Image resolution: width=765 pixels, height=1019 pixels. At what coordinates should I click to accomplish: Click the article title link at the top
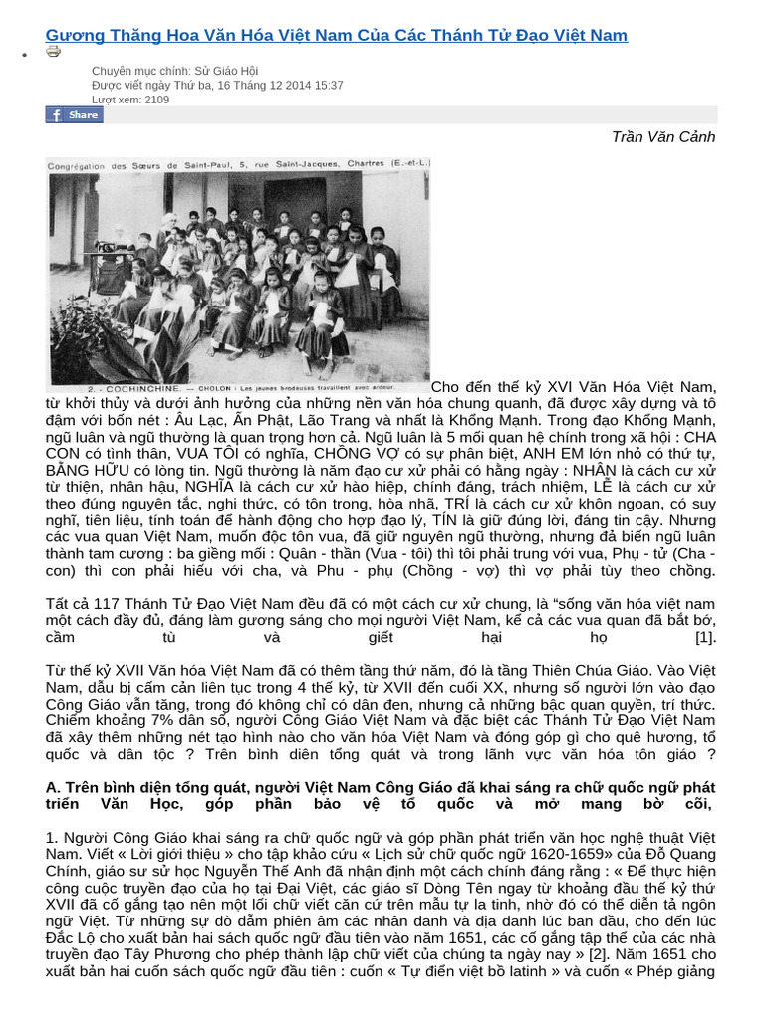[337, 36]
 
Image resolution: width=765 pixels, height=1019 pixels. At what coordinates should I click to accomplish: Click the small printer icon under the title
[53, 52]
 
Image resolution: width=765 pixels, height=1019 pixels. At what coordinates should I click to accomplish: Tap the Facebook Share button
[75, 115]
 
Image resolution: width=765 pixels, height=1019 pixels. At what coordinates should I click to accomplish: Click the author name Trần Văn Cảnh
[662, 137]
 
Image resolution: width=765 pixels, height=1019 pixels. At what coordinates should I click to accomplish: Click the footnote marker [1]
[705, 637]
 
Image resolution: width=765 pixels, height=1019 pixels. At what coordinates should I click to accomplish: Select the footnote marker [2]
[595, 953]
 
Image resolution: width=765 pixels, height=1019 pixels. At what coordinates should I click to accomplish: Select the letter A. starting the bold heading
[53, 788]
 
